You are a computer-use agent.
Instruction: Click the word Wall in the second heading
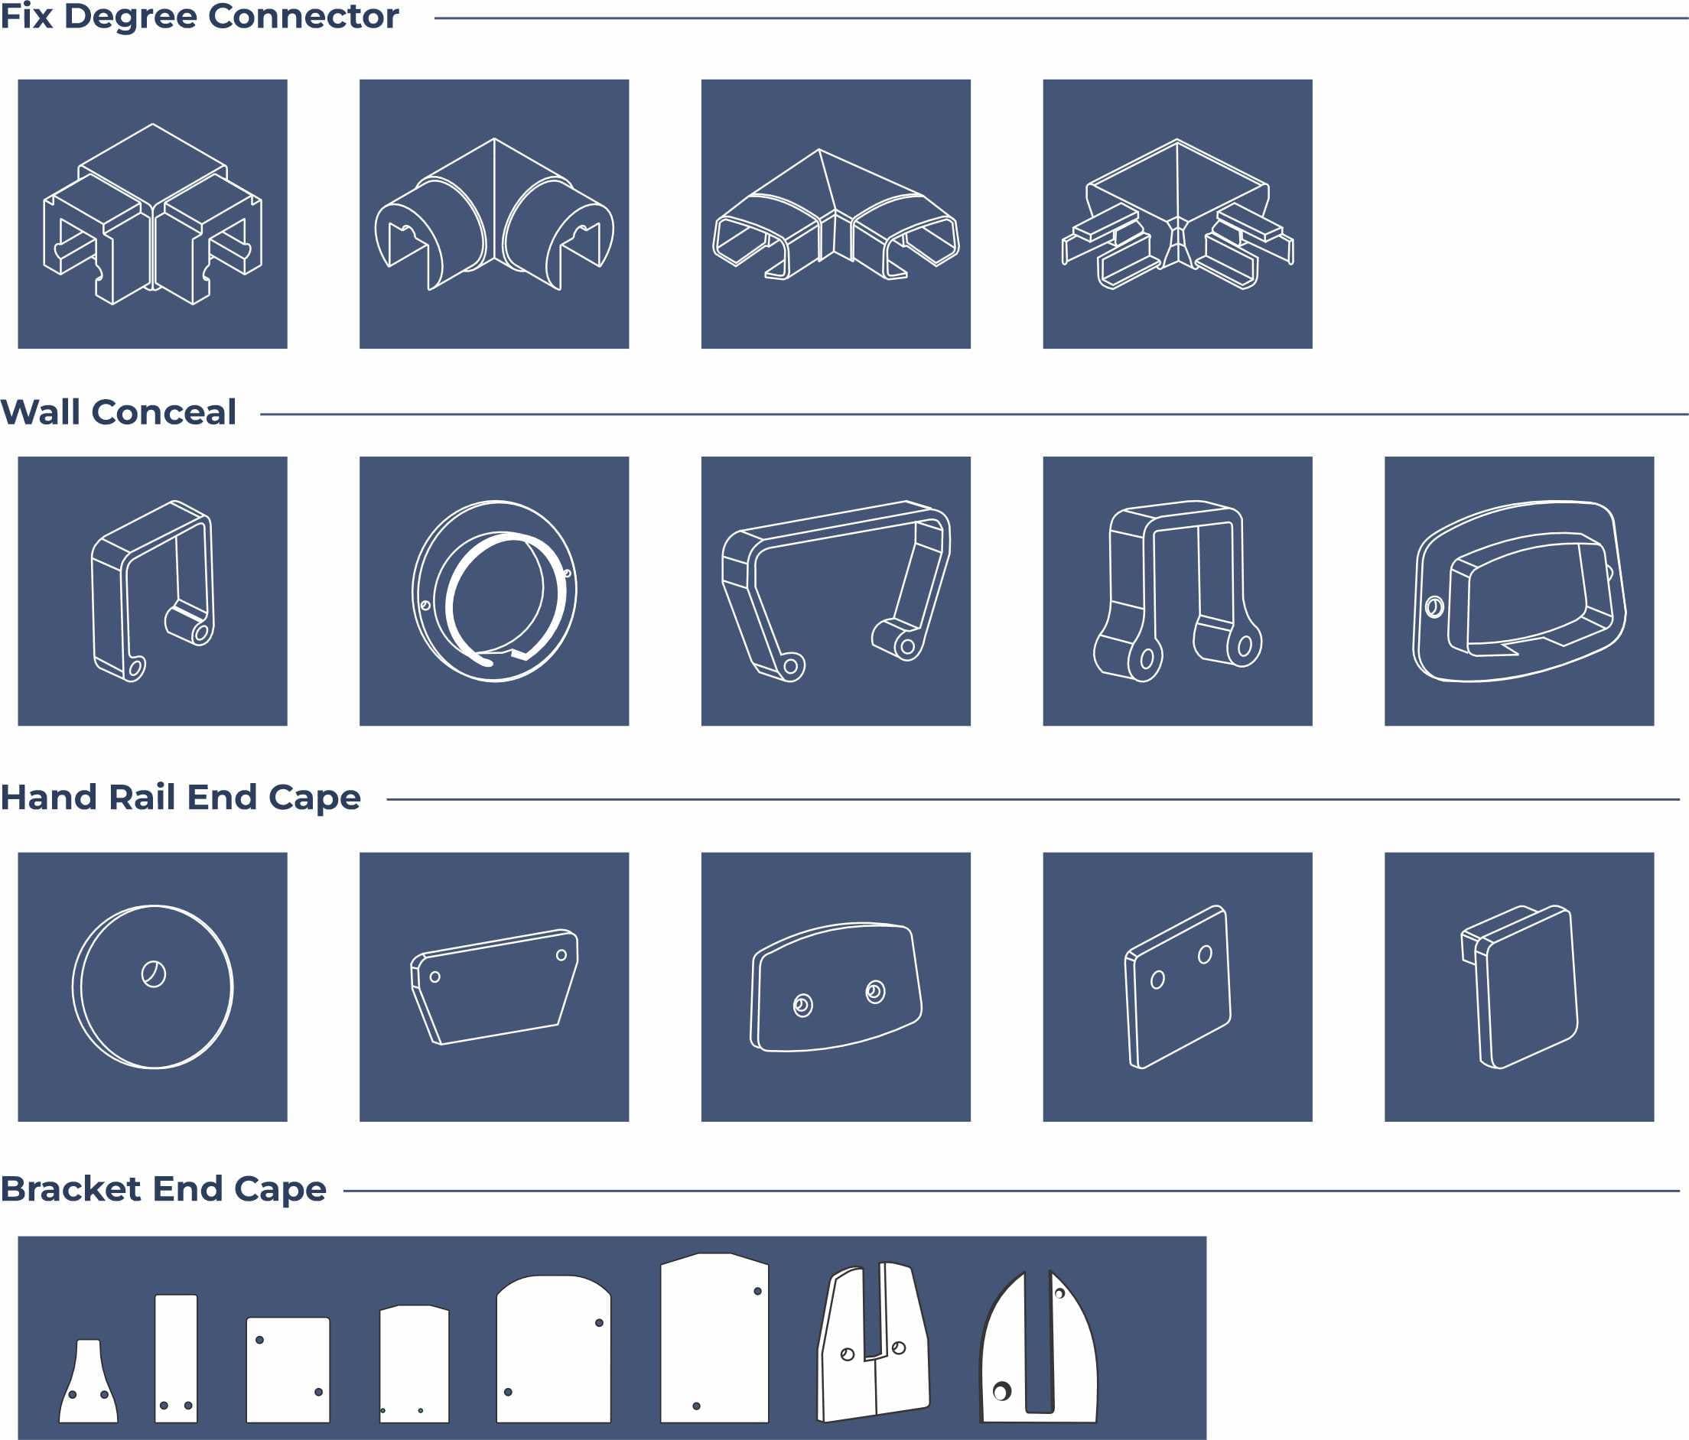click(x=41, y=411)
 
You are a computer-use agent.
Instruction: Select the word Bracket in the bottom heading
click(x=71, y=1189)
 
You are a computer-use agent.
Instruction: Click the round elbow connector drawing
click(x=494, y=213)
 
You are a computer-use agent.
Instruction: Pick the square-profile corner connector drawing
click(x=152, y=213)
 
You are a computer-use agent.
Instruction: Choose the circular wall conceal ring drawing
click(x=494, y=592)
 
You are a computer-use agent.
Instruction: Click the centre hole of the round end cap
click(x=153, y=974)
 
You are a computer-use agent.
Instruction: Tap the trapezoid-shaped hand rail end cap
click(x=494, y=987)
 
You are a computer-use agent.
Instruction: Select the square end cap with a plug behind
click(x=1518, y=987)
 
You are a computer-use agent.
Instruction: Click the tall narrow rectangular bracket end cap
click(x=176, y=1358)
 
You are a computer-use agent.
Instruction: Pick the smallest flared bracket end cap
click(x=88, y=1381)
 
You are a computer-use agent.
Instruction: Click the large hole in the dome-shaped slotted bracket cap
click(x=1002, y=1391)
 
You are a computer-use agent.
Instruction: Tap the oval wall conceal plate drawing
click(x=1518, y=592)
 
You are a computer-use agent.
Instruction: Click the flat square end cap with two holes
click(x=1177, y=987)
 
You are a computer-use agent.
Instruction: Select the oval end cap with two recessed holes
click(x=835, y=988)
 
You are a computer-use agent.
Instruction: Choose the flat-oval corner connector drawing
click(x=835, y=213)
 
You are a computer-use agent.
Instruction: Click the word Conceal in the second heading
click(x=164, y=411)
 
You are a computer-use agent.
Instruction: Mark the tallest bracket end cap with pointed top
click(x=714, y=1338)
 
